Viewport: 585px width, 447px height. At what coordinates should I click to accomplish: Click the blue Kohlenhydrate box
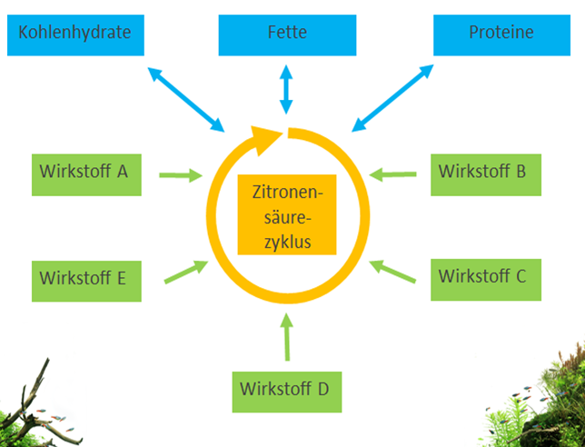point(74,34)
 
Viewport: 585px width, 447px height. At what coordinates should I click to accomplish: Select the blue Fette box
point(287,34)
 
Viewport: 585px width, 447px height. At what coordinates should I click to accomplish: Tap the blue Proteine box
point(501,34)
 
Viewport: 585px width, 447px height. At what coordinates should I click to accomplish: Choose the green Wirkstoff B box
point(486,170)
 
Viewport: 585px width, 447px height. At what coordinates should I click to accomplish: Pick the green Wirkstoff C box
point(486,275)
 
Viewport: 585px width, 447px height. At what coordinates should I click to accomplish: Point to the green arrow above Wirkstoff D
point(288,335)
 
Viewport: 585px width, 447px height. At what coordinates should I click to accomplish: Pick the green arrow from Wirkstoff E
point(185,272)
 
